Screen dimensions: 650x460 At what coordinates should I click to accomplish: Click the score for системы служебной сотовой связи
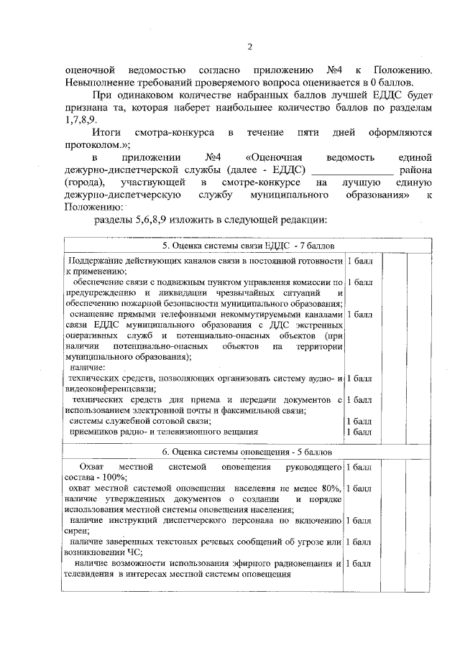coord(359,421)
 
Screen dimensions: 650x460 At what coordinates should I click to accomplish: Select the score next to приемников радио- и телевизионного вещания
coord(359,432)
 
